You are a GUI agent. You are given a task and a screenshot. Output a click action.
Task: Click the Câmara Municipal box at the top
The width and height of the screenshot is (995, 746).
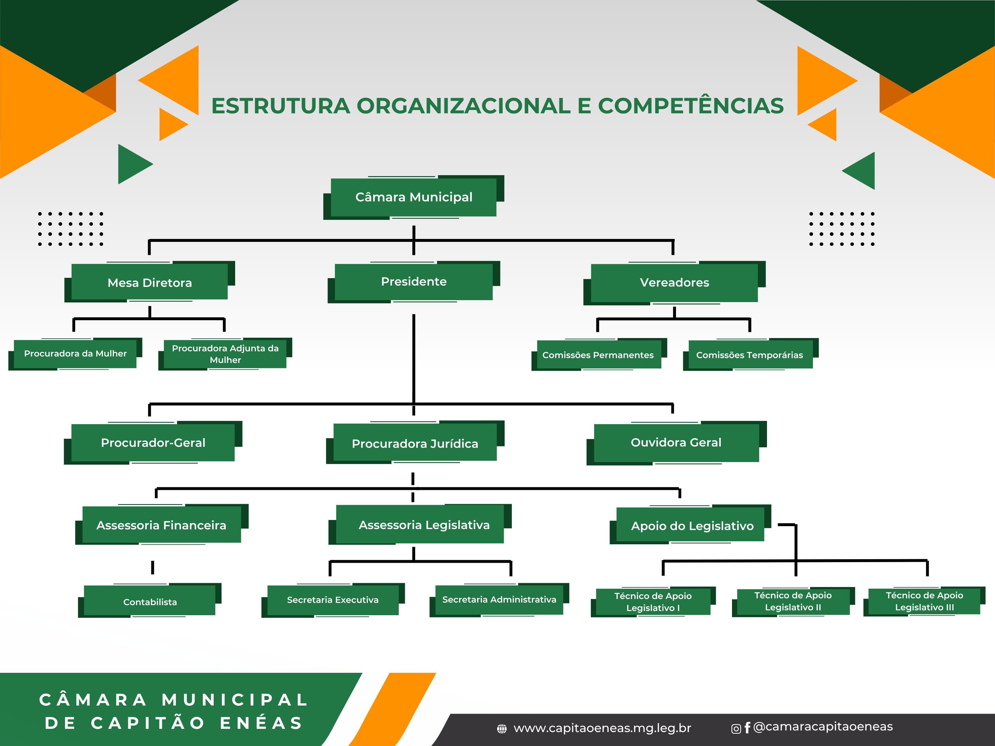click(x=414, y=198)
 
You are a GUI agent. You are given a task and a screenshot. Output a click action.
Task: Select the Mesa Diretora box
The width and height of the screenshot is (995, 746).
click(x=150, y=282)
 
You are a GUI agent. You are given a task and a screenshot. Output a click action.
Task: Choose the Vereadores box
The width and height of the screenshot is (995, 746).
click(x=674, y=282)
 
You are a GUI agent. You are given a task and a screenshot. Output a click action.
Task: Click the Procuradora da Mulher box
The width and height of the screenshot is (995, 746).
click(x=75, y=354)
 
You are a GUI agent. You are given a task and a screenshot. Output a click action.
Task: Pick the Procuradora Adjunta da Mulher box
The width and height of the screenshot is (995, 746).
click(x=225, y=354)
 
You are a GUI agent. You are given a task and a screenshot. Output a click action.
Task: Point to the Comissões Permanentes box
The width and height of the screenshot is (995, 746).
click(x=598, y=355)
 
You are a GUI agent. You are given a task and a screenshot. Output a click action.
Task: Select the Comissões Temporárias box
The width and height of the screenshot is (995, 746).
click(x=749, y=355)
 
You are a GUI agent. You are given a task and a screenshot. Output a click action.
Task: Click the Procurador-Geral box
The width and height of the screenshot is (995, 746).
click(x=153, y=443)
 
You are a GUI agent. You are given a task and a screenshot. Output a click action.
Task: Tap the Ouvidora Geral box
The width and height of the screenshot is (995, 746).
click(x=676, y=443)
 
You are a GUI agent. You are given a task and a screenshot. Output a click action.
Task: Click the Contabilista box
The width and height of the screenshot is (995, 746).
click(x=150, y=602)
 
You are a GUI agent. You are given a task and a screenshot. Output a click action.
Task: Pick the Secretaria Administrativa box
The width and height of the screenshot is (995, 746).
click(x=499, y=599)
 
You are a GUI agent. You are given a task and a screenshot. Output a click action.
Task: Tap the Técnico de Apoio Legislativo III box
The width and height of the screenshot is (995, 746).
click(x=924, y=601)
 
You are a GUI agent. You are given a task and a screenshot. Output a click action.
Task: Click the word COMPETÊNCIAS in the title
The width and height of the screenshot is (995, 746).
click(x=691, y=106)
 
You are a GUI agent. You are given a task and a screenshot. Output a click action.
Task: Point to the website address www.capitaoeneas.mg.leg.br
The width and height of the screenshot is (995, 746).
click(x=602, y=728)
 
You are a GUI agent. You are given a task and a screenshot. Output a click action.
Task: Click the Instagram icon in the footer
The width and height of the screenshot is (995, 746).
click(x=736, y=729)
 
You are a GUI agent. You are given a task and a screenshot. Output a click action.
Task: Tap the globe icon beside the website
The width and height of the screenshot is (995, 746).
click(x=501, y=729)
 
